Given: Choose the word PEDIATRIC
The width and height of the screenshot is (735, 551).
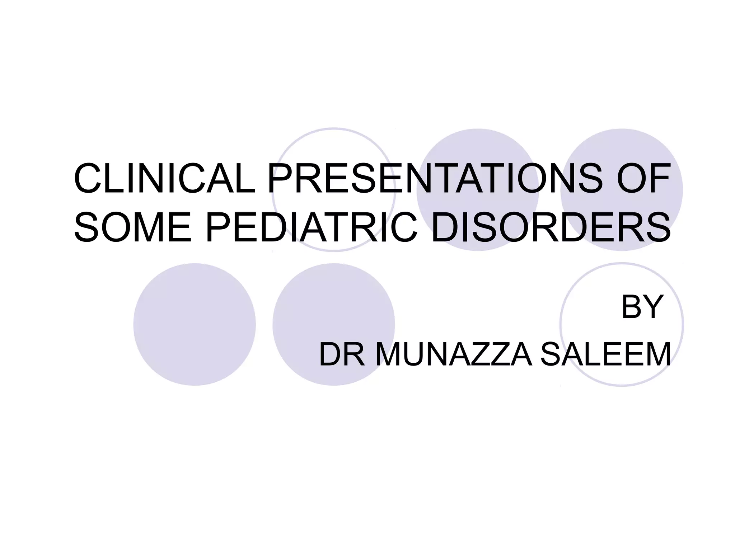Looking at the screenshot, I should [x=312, y=227].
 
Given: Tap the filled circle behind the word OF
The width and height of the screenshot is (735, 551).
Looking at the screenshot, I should [x=622, y=151].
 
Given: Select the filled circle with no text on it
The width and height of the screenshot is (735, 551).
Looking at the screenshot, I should [x=195, y=324].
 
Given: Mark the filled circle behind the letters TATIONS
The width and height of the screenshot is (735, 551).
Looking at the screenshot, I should [x=478, y=151].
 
